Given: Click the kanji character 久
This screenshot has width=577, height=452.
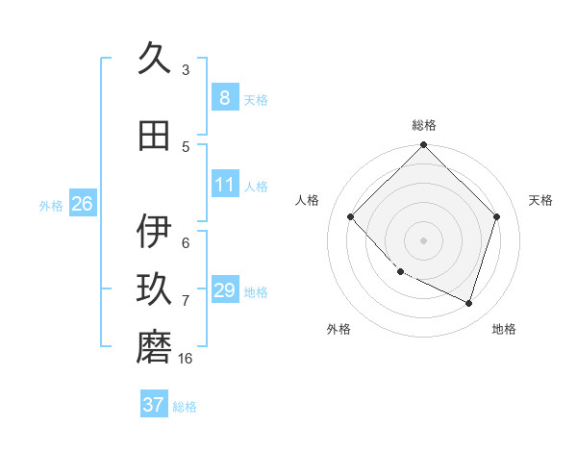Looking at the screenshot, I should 154,60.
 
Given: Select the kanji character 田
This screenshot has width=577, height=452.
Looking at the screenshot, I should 154,137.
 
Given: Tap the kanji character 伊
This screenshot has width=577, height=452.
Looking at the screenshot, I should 154,232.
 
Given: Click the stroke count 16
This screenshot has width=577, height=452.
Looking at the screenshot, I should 186,359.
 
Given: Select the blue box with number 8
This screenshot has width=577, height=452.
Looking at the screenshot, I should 224,97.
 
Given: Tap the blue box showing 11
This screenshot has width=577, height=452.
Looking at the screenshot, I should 224,185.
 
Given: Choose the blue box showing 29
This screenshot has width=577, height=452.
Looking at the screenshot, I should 224,290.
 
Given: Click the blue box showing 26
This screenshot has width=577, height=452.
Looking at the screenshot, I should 82,204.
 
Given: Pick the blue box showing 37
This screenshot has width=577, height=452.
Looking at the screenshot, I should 153,405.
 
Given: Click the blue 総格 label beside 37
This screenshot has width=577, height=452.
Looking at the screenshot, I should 185,407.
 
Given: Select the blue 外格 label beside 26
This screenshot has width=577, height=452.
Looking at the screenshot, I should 51,205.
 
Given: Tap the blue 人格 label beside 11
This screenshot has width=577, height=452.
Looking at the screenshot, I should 256,186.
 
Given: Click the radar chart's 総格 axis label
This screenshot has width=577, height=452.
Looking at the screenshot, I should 423,125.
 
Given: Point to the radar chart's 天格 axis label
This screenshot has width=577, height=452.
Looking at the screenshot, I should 541,200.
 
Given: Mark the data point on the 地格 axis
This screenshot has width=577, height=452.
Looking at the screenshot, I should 468,303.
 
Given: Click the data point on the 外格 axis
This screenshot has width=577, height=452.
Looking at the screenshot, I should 401,272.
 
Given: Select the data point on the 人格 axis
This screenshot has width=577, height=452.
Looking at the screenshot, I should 351,217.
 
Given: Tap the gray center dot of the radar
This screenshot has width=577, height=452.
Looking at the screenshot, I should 423,240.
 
